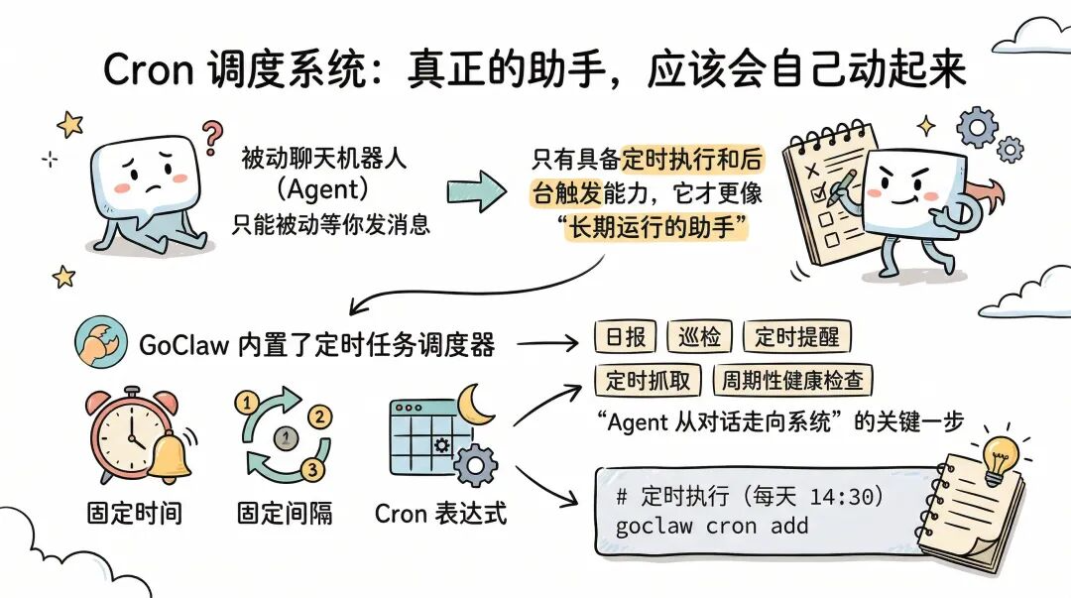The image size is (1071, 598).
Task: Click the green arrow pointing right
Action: coord(475,189)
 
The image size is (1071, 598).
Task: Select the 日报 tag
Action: coord(625,337)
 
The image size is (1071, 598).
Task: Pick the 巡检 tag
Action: coord(700,337)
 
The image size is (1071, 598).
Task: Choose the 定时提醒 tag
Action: coord(796,337)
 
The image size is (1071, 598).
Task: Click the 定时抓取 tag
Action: coord(648,380)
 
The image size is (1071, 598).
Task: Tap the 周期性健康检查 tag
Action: coord(792,380)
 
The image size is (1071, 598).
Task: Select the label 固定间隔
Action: coord(285,513)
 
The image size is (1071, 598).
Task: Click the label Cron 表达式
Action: coord(440,513)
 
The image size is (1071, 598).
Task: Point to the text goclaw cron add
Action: coord(712,525)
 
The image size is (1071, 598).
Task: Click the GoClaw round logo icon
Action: coord(99,344)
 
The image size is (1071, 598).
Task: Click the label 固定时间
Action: coord(134,513)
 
